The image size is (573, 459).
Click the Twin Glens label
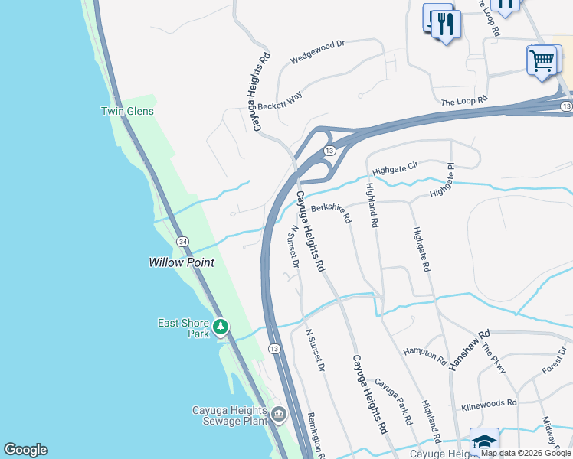pyautogui.click(x=127, y=111)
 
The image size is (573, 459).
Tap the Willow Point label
pyautogui.click(x=181, y=262)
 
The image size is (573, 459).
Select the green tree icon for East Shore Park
pyautogui.click(x=221, y=327)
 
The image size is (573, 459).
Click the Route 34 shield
pyautogui.click(x=182, y=241)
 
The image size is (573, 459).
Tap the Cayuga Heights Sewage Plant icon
pyautogui.click(x=277, y=415)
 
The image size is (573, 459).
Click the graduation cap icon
pyautogui.click(x=483, y=442)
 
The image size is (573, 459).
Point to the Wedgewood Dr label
pyautogui.click(x=318, y=50)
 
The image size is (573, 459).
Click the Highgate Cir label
pyautogui.click(x=395, y=168)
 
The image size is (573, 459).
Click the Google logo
pyautogui.click(x=25, y=450)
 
